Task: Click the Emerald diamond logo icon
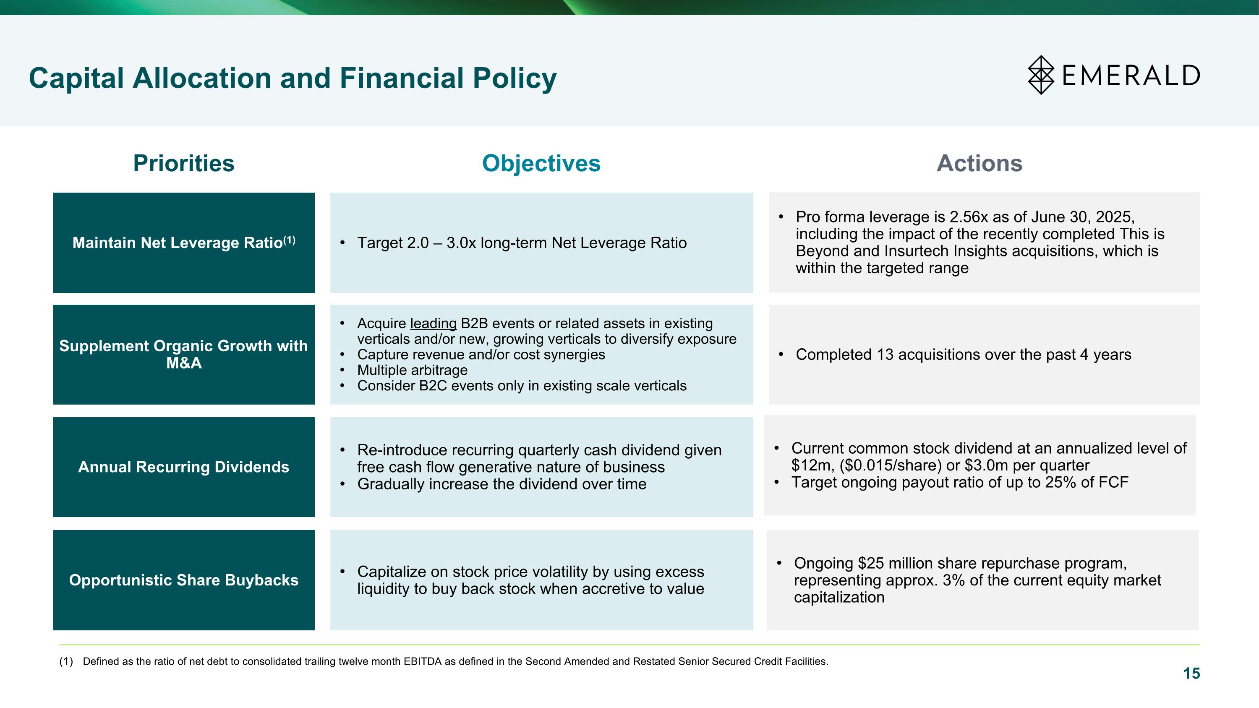tap(1041, 75)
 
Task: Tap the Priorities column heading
tap(183, 163)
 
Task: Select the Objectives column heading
tap(541, 163)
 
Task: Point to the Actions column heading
tap(979, 163)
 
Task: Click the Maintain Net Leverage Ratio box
tap(184, 243)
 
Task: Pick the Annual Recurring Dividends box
tap(184, 467)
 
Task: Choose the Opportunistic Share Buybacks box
tap(184, 580)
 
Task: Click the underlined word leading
tap(433, 324)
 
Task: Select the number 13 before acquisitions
tap(885, 355)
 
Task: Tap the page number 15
tap(1191, 673)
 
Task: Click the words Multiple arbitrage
tap(412, 371)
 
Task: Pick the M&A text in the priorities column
tap(184, 363)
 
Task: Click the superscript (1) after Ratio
tap(289, 240)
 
